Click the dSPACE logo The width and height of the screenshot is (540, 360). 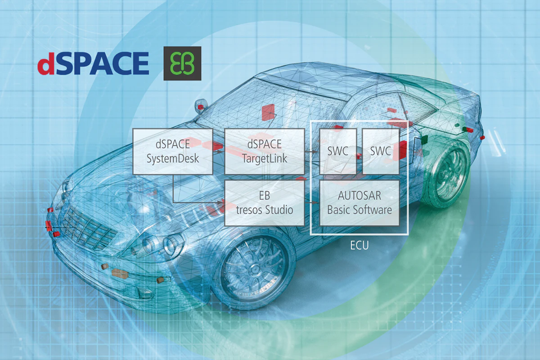click(x=93, y=63)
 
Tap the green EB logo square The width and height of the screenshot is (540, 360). click(x=182, y=63)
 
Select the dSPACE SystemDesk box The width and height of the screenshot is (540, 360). click(x=173, y=152)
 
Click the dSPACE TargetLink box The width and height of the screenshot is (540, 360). click(x=265, y=152)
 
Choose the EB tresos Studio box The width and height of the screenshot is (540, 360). click(x=265, y=203)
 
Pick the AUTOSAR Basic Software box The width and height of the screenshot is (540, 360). click(x=360, y=203)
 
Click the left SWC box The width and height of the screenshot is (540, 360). click(x=338, y=152)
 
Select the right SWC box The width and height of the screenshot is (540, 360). click(x=381, y=152)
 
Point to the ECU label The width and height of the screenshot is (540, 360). click(x=360, y=245)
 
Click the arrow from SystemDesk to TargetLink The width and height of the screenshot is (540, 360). click(x=219, y=152)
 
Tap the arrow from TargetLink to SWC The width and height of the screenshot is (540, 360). click(x=312, y=152)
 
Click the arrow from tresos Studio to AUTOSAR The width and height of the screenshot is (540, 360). click(x=312, y=202)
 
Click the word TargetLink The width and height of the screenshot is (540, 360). click(x=265, y=158)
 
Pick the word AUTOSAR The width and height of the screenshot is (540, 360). click(x=360, y=196)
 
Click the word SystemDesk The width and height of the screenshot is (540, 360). click(x=173, y=158)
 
